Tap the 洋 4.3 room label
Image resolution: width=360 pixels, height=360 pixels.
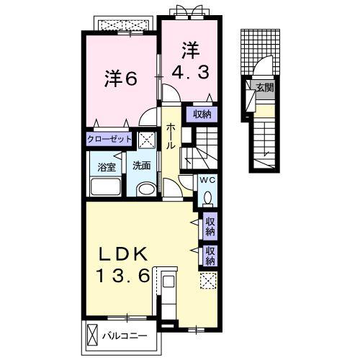tap(189, 61)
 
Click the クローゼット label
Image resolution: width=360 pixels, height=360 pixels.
tap(110, 139)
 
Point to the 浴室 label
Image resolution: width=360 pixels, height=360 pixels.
tap(107, 166)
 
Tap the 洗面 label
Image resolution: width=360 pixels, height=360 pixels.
tap(140, 166)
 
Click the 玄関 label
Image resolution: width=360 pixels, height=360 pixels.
tap(264, 88)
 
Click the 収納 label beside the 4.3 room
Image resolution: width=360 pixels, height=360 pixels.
tap(202, 114)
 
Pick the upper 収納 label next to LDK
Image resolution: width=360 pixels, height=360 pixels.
tap(210, 227)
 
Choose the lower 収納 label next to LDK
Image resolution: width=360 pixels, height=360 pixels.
tap(210, 255)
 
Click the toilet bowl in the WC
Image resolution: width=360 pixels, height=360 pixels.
tap(207, 198)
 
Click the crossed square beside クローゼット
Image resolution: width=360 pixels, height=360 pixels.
tap(146, 139)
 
